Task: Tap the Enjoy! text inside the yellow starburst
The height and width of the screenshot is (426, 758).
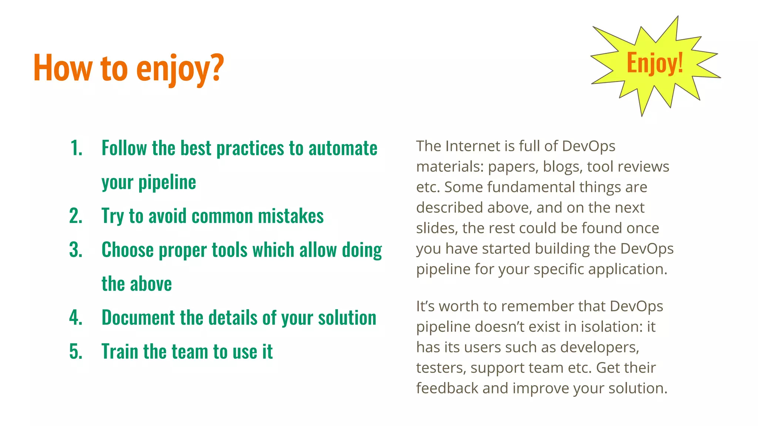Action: (x=654, y=63)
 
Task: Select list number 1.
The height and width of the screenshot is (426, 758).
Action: (x=76, y=148)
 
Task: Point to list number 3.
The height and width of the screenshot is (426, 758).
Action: (x=76, y=250)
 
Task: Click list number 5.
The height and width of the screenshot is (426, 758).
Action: (x=76, y=352)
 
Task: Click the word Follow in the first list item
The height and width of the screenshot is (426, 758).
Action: (x=124, y=148)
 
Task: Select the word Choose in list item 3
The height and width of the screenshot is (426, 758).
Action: (x=127, y=250)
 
